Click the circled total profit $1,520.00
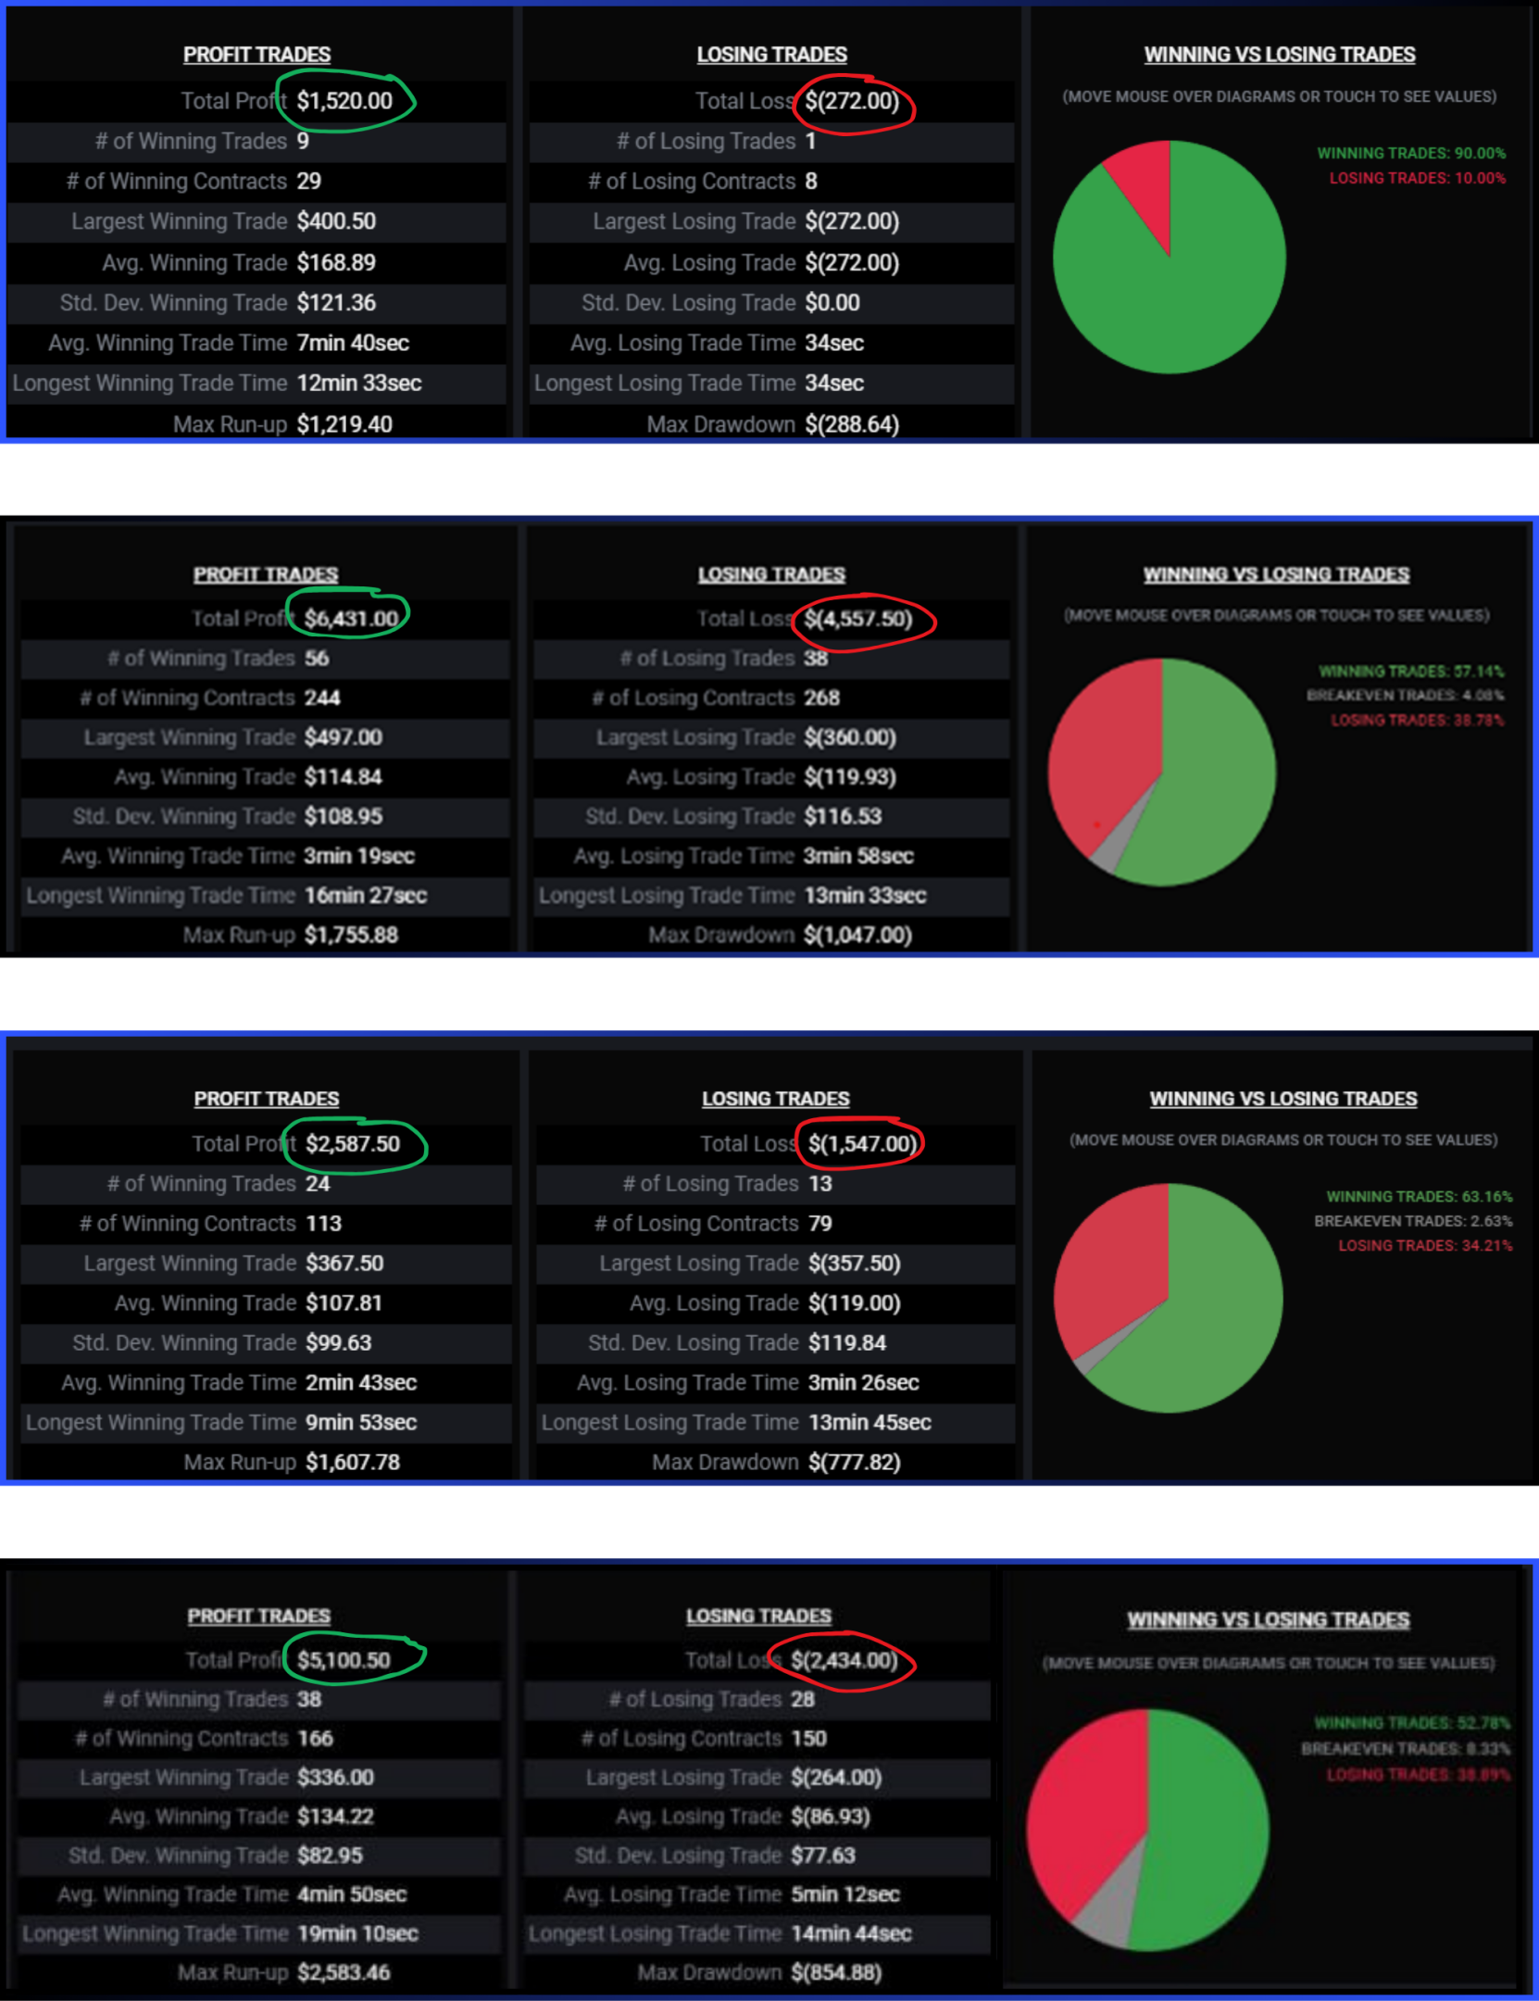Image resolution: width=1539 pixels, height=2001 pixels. pos(344,101)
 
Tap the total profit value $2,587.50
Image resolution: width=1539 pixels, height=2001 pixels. pos(353,1144)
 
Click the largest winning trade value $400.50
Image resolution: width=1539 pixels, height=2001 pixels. pos(336,221)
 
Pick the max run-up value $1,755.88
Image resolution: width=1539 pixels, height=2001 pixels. pos(351,935)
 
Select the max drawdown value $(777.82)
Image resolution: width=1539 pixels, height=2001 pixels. pos(854,1462)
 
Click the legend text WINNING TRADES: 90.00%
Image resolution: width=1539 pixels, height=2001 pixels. pos(1411,153)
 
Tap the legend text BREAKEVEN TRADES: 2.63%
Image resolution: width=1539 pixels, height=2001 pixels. pos(1412,1221)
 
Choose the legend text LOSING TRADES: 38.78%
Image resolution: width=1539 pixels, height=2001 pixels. pos(1417,720)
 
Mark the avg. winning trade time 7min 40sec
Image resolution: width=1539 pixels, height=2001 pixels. pos(353,343)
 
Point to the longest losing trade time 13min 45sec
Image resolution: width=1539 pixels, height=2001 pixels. pos(870,1422)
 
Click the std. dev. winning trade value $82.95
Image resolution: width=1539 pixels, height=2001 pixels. pos(330,1855)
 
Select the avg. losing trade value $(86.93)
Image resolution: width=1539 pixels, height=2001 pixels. pos(830,1816)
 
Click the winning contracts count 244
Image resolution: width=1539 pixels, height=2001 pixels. pos(322,698)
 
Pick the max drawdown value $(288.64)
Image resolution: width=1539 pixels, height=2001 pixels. pos(852,424)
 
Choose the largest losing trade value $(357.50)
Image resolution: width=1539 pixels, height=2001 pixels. pos(854,1263)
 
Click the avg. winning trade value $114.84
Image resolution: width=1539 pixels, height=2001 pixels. pos(343,776)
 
